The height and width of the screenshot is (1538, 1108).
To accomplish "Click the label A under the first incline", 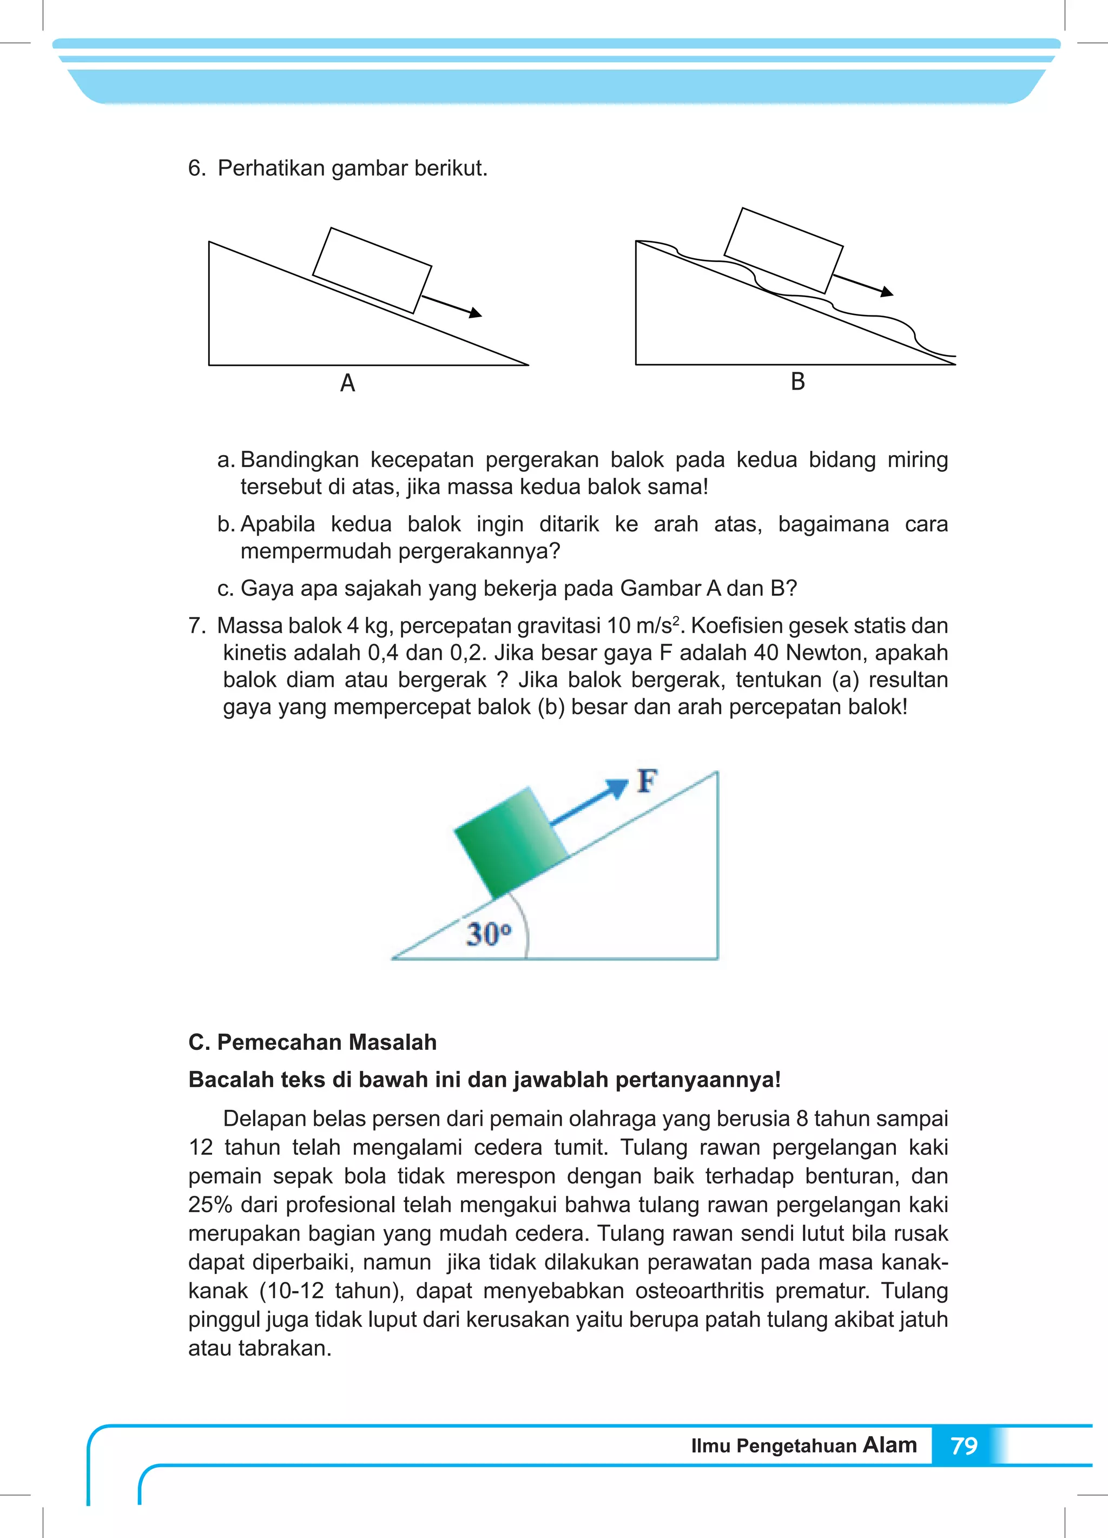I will point(347,383).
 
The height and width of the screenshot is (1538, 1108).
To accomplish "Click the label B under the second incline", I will point(797,382).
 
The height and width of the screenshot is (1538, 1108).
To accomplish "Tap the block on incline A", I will point(372,271).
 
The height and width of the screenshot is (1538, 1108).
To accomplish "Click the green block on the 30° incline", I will point(510,842).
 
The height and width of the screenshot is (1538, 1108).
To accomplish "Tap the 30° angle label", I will point(488,935).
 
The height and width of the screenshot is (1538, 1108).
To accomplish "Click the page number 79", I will point(964,1446).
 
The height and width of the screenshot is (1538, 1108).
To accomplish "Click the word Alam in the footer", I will point(889,1444).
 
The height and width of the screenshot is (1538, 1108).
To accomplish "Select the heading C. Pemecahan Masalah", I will point(313,1042).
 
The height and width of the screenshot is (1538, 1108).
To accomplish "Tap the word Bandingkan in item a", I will point(299,460).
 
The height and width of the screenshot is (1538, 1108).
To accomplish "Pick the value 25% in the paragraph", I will point(210,1204).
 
